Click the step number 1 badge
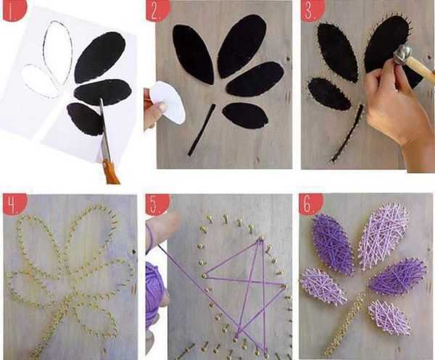coord(12,10)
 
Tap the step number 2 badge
coord(156,10)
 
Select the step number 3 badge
coord(310,10)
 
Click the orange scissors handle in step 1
coord(112,172)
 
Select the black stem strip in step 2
coord(201,130)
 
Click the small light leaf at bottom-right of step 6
coord(389,317)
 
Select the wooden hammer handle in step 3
coord(423,69)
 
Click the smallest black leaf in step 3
coord(328,94)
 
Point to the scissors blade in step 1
coord(104,130)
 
